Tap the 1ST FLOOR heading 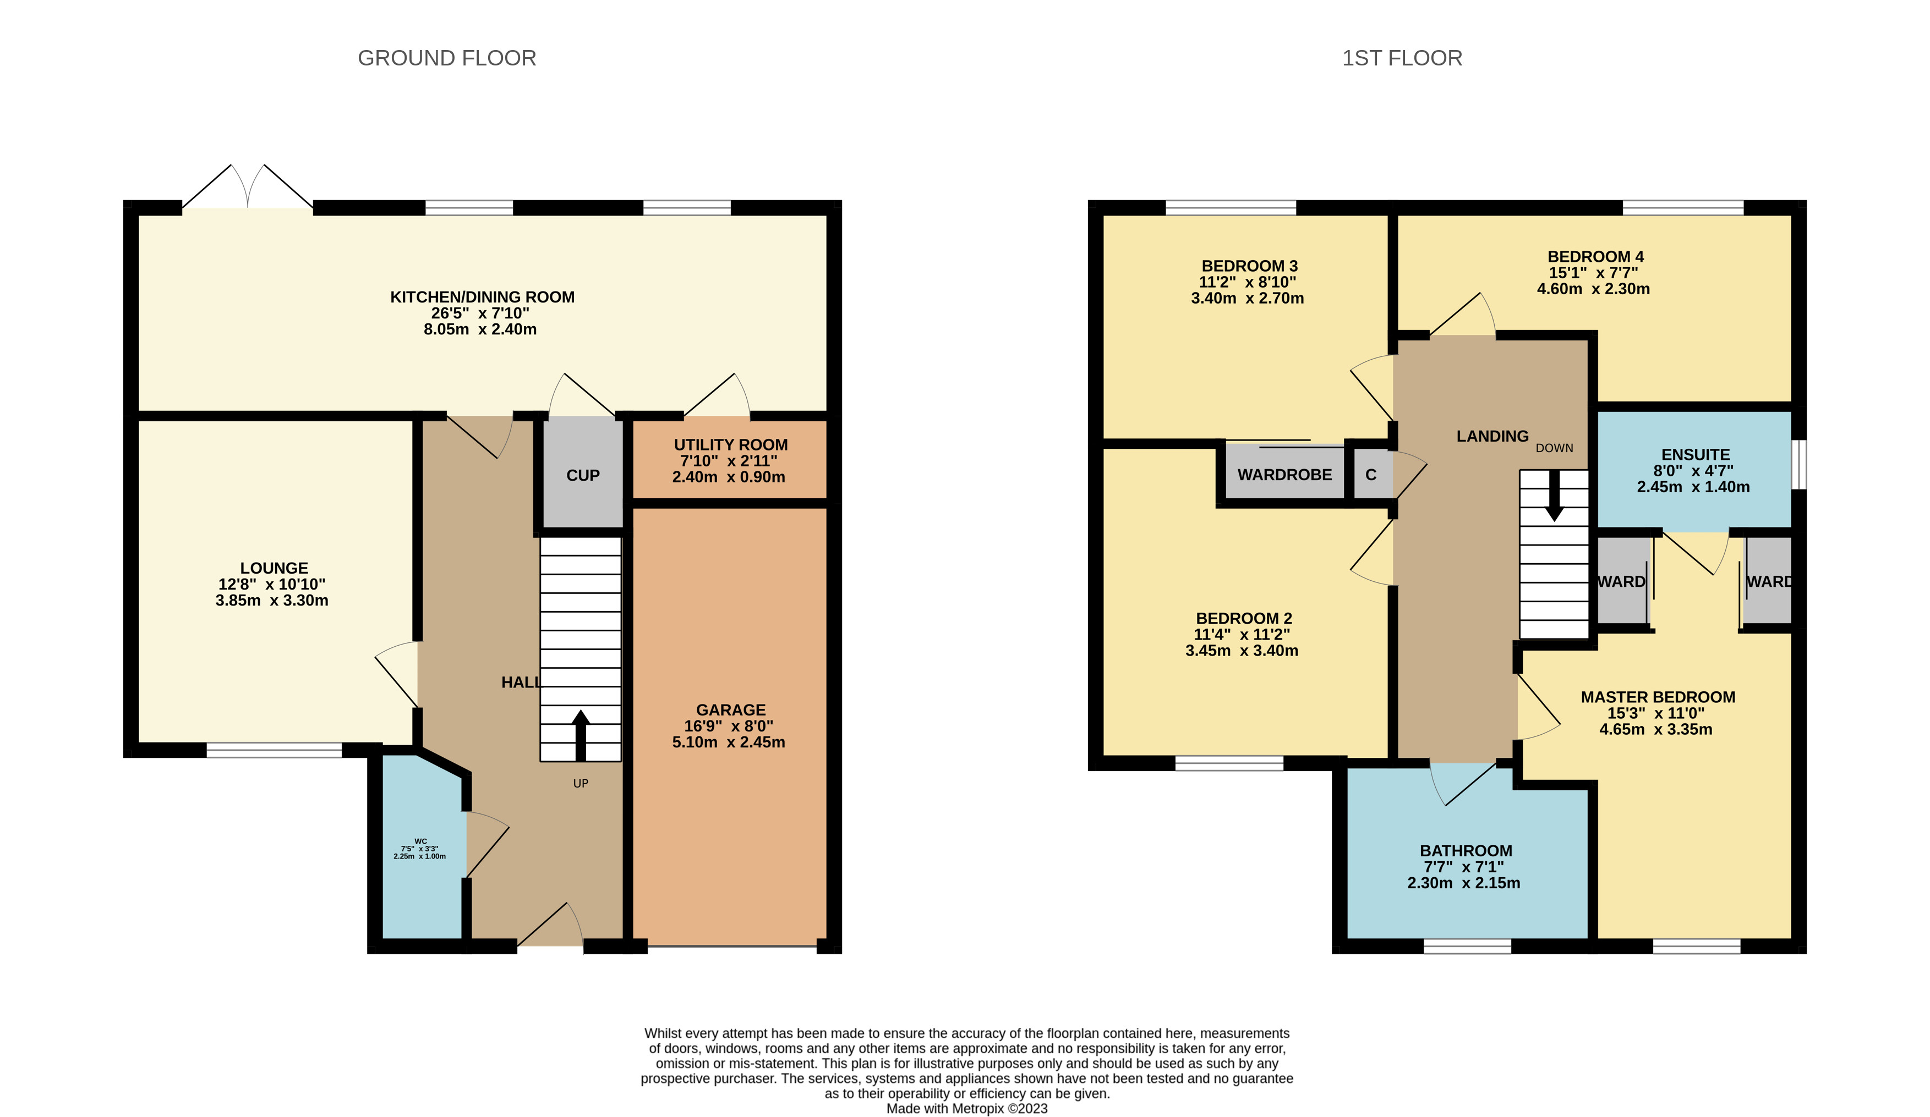pos(1402,58)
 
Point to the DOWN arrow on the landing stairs pos(1554,496)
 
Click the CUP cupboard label pos(583,475)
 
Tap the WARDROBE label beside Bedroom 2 pos(1284,475)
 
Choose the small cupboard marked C pos(1371,475)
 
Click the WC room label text pos(420,840)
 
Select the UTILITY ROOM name pos(731,445)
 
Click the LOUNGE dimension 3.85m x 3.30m pos(272,600)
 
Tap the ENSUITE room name pos(1696,455)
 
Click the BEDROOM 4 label pos(1595,256)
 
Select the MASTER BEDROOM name pos(1658,697)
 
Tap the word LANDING pos(1492,436)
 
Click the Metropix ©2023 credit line pos(966,1109)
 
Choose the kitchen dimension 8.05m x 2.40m pos(480,329)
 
